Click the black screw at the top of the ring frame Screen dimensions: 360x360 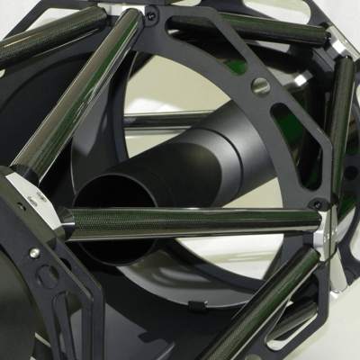point(152,15)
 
